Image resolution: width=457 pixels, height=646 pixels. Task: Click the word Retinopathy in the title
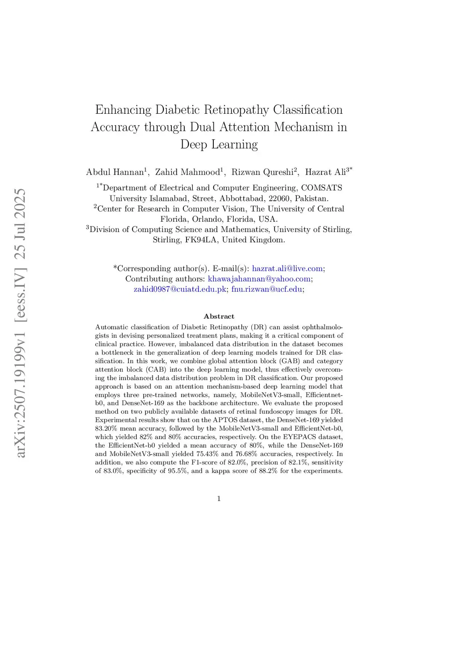[237, 110]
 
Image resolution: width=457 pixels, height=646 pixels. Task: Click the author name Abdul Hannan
[115, 172]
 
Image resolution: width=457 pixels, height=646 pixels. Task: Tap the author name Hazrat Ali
[325, 172]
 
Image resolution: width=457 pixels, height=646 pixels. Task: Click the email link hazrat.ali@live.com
[287, 269]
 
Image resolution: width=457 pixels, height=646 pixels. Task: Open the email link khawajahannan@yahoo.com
[259, 279]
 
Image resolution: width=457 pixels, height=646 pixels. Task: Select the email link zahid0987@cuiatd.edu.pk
[180, 289]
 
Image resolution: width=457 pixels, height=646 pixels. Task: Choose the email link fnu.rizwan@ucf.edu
[267, 289]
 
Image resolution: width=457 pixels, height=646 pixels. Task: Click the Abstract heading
[219, 316]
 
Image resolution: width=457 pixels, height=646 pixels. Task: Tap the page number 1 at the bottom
[219, 499]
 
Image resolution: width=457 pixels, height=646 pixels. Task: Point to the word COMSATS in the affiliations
[322, 188]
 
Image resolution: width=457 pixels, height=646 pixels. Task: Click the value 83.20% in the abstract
[106, 428]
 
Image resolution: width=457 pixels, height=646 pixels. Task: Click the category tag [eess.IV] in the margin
[21, 294]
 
